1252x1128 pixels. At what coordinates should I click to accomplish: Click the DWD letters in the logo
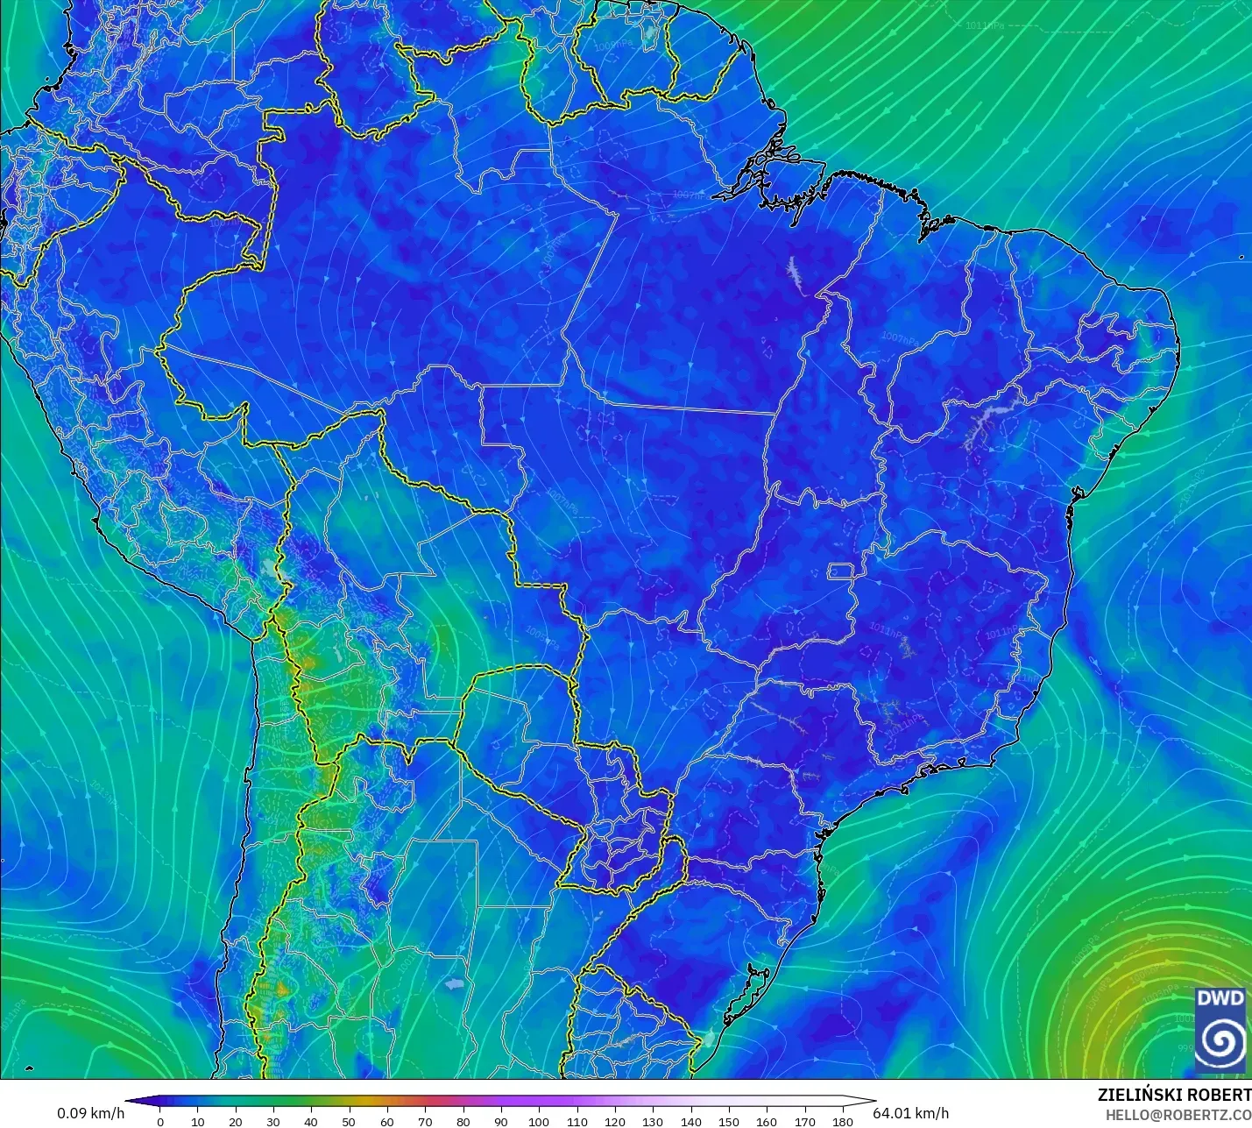[x=1220, y=998]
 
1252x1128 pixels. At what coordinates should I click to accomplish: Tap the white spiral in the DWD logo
[x=1220, y=1040]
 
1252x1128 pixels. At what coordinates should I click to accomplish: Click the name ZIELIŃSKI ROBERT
[x=1174, y=1096]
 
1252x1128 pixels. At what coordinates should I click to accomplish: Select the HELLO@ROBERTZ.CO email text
[x=1178, y=1115]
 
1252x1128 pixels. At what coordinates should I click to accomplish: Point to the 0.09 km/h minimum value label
[x=91, y=1113]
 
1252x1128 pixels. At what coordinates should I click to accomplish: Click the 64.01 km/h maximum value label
[x=910, y=1113]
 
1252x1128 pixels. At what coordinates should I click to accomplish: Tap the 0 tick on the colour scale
[x=159, y=1122]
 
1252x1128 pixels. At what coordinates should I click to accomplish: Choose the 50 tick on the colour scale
[x=350, y=1122]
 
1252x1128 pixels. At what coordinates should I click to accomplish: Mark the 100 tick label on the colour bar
[x=539, y=1122]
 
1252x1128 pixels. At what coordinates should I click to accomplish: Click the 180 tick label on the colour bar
[x=842, y=1122]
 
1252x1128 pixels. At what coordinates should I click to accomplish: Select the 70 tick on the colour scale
[x=425, y=1122]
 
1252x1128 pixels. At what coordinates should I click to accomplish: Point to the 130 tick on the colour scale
[x=653, y=1122]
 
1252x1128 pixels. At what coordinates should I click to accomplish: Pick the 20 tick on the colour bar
[x=236, y=1122]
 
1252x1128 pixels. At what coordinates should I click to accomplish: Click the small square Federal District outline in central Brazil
[x=841, y=572]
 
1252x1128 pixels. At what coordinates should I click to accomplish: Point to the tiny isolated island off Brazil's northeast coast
[x=1241, y=257]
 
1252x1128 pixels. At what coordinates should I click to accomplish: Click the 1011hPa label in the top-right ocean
[x=986, y=26]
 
